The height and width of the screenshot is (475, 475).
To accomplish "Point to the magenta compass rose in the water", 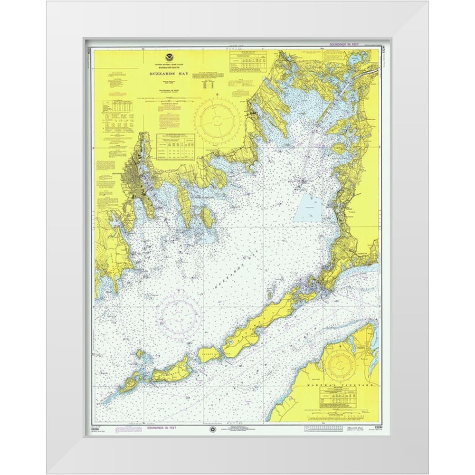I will pyautogui.click(x=178, y=314).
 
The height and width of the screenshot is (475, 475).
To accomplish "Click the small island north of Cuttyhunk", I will pyautogui.click(x=140, y=354).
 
